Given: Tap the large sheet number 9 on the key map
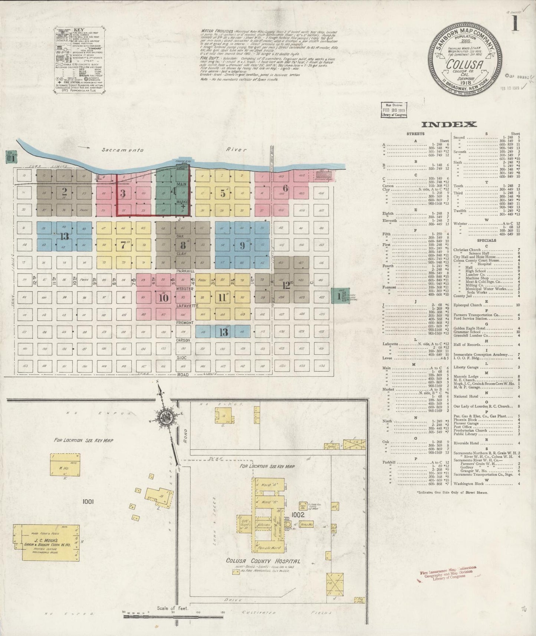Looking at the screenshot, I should (242, 245).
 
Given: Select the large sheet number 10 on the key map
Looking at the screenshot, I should (164, 297).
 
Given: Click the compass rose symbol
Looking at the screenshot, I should (165, 417).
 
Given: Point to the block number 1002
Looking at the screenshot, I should (297, 515).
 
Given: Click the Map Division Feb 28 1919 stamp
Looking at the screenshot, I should (394, 110).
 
